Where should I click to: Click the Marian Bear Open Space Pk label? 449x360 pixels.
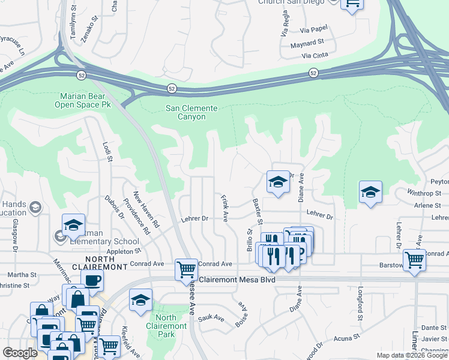[x=85, y=100]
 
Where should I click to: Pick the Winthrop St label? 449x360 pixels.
[x=424, y=193]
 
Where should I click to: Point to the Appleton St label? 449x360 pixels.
[x=123, y=251]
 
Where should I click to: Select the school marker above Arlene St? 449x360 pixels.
[x=370, y=192]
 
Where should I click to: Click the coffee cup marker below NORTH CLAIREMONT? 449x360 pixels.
[x=92, y=280]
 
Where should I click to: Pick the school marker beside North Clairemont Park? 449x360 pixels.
[x=140, y=299]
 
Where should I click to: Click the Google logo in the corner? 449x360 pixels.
[x=20, y=353]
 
